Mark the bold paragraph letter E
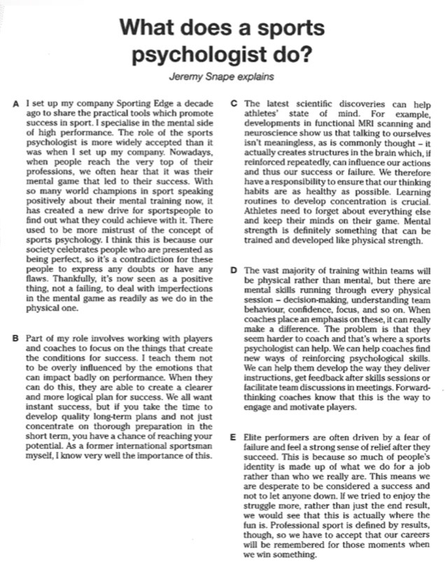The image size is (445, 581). pyautogui.click(x=233, y=436)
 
